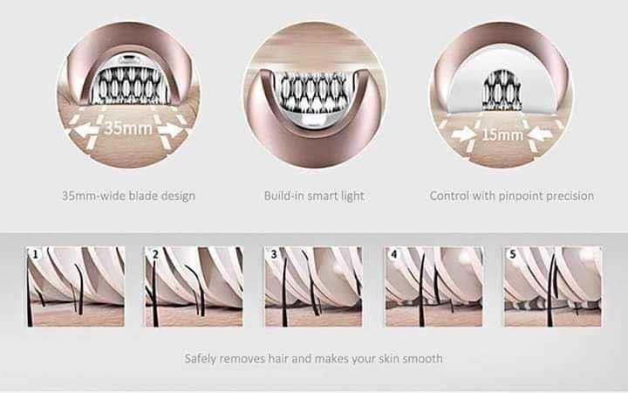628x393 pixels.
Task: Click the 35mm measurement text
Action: pyautogui.click(x=128, y=128)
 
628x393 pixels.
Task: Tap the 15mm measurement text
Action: pyautogui.click(x=502, y=134)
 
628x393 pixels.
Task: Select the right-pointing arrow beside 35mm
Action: pyautogui.click(x=170, y=129)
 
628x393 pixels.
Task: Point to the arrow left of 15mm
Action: pyautogui.click(x=463, y=134)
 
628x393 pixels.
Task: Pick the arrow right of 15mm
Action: pyautogui.click(x=540, y=134)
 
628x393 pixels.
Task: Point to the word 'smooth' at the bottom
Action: pyautogui.click(x=422, y=358)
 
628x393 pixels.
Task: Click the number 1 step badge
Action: pyautogui.click(x=36, y=254)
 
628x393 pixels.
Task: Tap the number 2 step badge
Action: pyautogui.click(x=155, y=254)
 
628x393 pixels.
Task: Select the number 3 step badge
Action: pyautogui.click(x=274, y=254)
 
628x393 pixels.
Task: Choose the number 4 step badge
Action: pyautogui.click(x=394, y=254)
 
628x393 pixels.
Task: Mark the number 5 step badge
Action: pyautogui.click(x=513, y=254)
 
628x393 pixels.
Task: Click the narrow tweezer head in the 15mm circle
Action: pyautogui.click(x=502, y=90)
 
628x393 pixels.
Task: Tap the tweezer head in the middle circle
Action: pyautogui.click(x=314, y=94)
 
